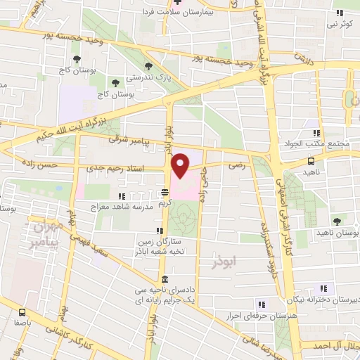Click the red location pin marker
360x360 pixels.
pyautogui.click(x=180, y=165)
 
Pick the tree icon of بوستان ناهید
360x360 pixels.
pyautogui.click(x=337, y=221)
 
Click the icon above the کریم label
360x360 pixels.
pyautogui.click(x=165, y=191)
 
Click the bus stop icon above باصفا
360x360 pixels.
pyautogui.click(x=23, y=312)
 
